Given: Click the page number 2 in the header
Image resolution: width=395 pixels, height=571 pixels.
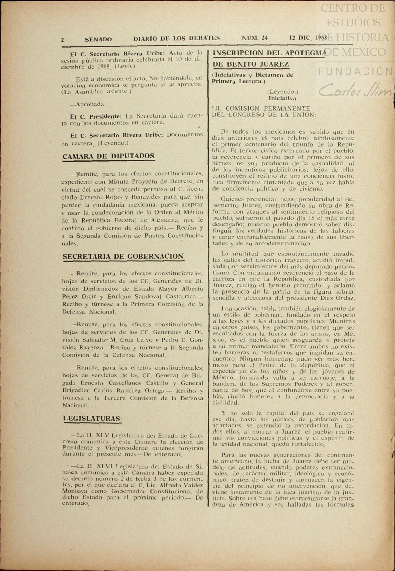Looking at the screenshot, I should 63,40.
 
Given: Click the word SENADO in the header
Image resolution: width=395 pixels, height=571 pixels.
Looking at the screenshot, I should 98,39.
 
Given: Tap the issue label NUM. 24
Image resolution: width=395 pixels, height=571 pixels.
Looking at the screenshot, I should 255,38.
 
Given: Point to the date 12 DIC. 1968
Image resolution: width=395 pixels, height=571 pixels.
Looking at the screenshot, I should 308,38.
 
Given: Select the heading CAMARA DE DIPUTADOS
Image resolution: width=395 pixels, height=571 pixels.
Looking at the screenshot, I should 109,156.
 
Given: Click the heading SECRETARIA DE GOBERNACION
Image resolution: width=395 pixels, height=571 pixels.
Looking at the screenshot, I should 123,256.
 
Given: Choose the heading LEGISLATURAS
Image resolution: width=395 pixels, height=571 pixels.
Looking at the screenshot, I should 92,419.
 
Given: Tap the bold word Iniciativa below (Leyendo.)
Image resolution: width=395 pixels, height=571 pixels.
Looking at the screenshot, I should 282,98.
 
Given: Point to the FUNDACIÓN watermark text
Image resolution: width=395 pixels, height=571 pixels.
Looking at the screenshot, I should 355,71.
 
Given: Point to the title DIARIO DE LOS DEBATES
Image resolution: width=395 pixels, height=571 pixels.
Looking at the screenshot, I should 177,38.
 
